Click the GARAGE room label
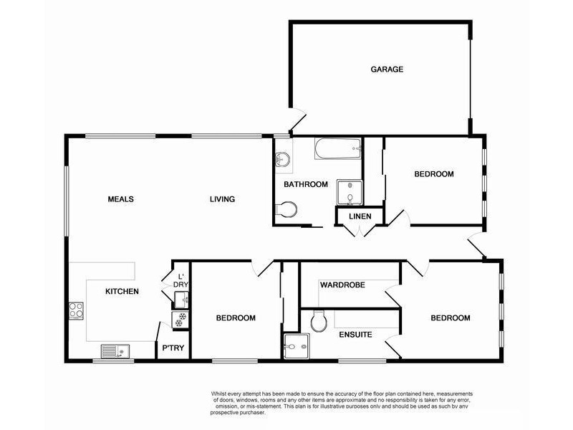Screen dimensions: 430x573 point(387,70)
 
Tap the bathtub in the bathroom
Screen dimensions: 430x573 point(337,150)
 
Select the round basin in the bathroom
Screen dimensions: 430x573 point(282,160)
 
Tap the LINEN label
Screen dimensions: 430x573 point(360,216)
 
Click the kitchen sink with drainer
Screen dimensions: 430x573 point(114,351)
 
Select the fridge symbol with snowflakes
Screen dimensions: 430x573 point(180,317)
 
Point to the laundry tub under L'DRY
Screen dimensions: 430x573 point(180,300)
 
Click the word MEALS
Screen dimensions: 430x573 point(121,199)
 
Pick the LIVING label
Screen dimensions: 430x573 point(222,199)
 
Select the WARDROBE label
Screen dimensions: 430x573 point(342,285)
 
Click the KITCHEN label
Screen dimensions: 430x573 point(122,291)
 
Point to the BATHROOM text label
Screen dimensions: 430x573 point(305,184)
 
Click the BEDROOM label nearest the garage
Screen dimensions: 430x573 point(434,174)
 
